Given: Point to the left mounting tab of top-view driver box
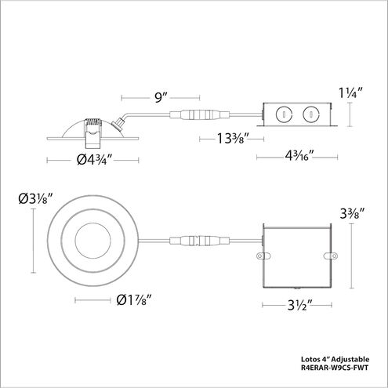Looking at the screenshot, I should (x=259, y=255).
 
